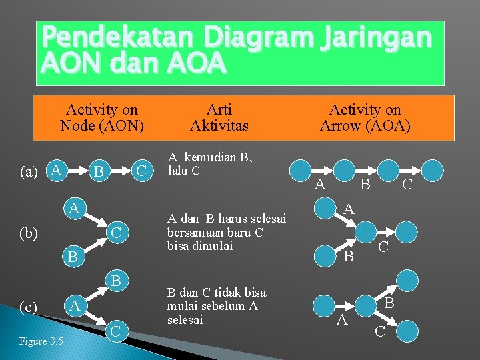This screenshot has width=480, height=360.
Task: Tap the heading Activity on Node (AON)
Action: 101,117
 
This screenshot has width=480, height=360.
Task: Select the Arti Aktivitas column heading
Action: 219,117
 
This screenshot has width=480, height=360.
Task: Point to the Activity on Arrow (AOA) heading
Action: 365,117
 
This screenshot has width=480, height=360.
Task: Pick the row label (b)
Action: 29,233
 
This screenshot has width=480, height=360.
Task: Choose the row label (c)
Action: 29,307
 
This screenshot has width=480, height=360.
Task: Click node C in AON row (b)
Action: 116,233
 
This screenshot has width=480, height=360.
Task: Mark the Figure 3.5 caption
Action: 41,342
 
